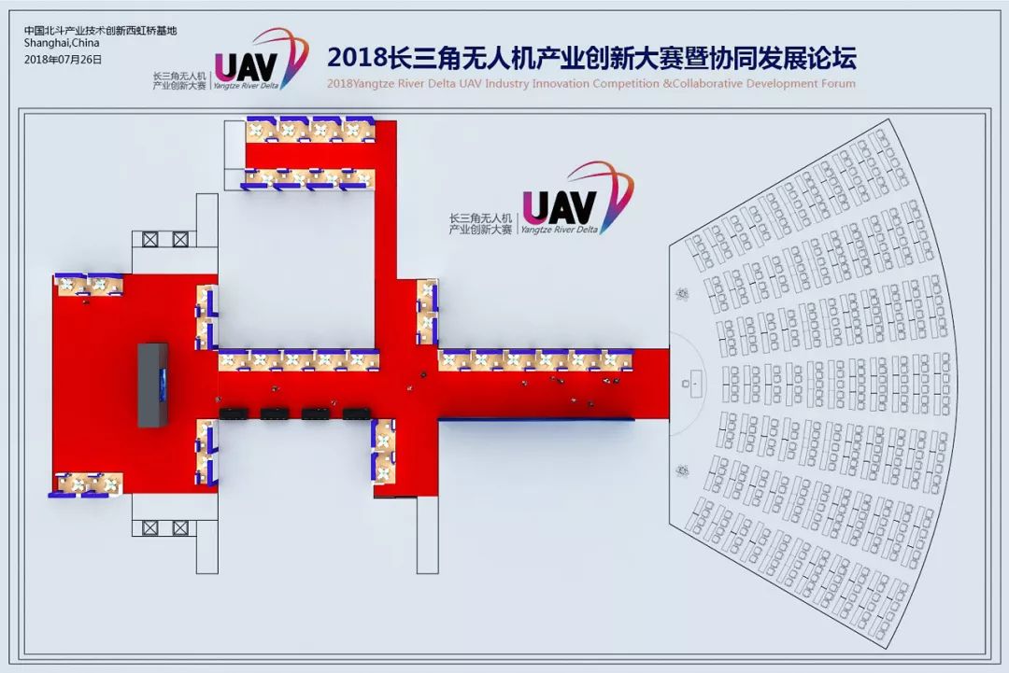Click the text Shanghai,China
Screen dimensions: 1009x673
(x=62, y=43)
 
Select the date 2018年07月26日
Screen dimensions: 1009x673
(x=64, y=59)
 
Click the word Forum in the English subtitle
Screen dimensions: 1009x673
(x=838, y=84)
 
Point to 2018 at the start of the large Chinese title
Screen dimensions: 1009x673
(x=357, y=58)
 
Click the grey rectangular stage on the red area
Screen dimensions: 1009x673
(x=152, y=385)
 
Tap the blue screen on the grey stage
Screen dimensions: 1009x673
(x=163, y=385)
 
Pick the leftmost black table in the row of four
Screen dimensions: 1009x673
(x=234, y=414)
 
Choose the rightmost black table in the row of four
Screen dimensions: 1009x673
(x=357, y=414)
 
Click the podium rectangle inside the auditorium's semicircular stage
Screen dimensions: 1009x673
(x=695, y=384)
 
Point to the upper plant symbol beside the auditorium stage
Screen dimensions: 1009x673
(x=682, y=294)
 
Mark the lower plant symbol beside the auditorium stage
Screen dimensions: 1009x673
(x=682, y=471)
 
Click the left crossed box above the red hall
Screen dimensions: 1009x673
(x=149, y=240)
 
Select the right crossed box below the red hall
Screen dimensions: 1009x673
(x=181, y=527)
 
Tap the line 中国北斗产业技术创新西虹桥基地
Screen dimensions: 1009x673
(x=100, y=30)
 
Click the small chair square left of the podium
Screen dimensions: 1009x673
(x=686, y=384)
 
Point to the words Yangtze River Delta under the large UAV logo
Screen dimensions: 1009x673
(x=560, y=229)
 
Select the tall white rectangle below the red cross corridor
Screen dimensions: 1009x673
(x=427, y=535)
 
